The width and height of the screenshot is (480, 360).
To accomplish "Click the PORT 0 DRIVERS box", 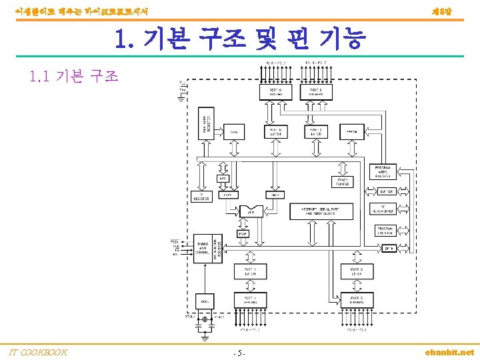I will [x=276, y=91].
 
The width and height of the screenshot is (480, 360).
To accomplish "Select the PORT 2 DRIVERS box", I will [x=316, y=91].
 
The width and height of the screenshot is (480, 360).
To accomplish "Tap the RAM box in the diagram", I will [x=234, y=132].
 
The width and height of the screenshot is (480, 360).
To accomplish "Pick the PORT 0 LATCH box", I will [x=276, y=132].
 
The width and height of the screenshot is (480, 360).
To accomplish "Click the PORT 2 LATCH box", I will [x=316, y=132].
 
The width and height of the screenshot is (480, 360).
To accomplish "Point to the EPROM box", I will [x=352, y=132].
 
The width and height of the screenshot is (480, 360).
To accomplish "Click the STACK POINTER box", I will [x=341, y=181].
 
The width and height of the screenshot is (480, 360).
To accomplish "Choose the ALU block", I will [x=251, y=212].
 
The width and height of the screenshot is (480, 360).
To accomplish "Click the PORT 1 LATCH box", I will [x=250, y=271].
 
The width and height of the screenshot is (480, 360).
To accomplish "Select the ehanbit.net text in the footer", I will [x=450, y=352].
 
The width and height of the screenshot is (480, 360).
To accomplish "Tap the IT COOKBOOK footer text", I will [x=37, y=352].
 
